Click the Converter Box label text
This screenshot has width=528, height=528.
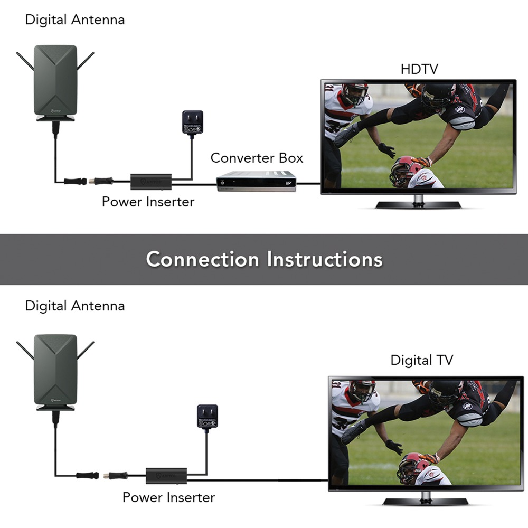257,157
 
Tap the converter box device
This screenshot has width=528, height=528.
257,181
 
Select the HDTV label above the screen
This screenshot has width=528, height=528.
419,69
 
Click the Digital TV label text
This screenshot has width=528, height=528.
421,360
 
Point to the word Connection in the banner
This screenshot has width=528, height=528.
203,259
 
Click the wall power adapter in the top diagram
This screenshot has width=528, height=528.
192,122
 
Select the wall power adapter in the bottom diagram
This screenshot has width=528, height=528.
207,416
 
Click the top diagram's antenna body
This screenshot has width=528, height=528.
55,79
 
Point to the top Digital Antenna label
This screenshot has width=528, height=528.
75,20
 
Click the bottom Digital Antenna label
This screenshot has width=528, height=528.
75,306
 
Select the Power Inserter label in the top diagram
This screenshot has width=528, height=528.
148,201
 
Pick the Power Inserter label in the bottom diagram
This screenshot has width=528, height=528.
168,497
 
